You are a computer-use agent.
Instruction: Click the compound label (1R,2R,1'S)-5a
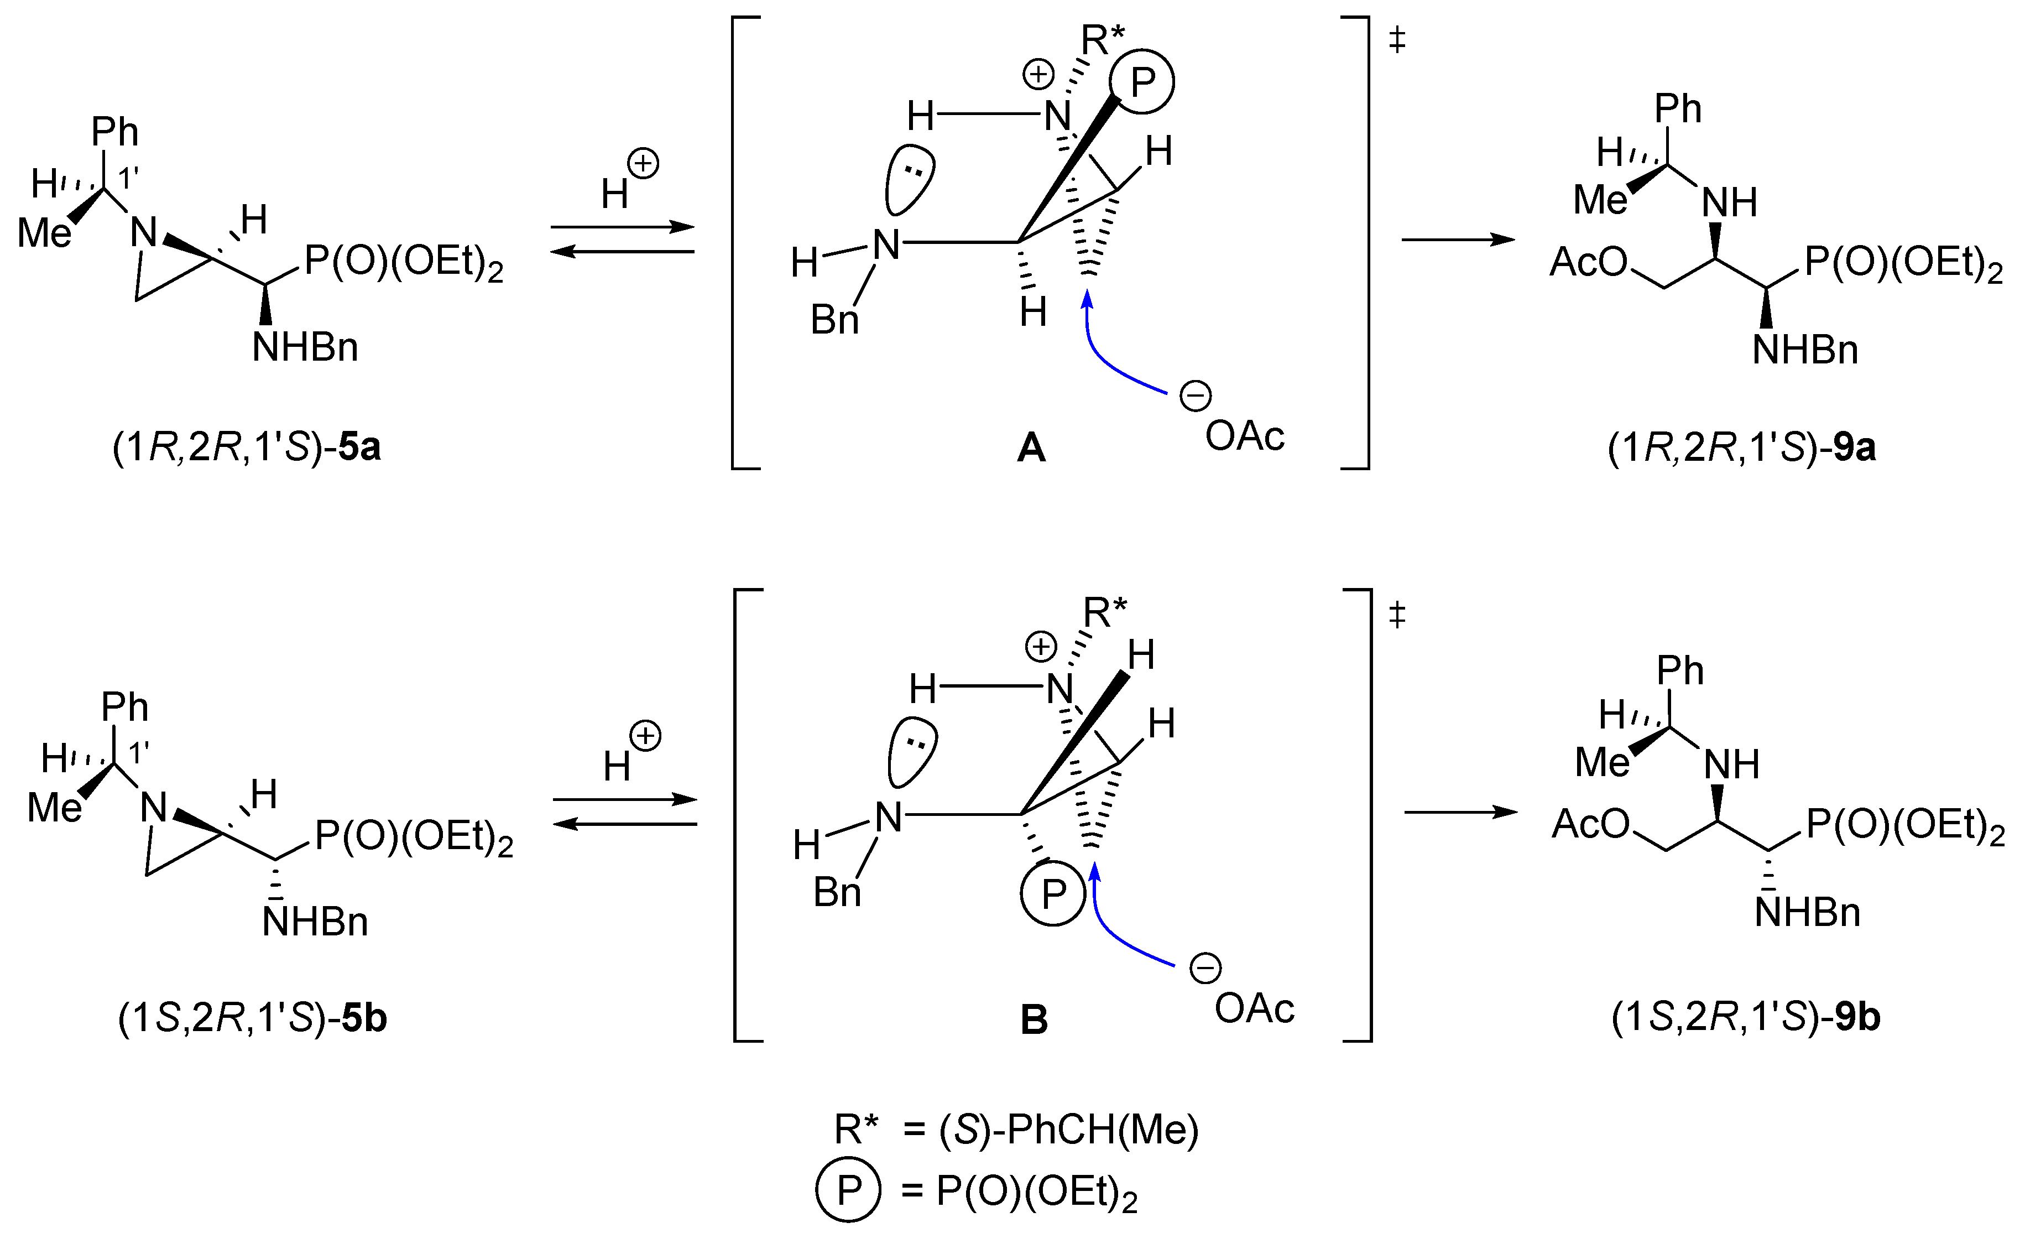tap(247, 449)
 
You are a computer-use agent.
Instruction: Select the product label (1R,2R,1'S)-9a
tap(1742, 449)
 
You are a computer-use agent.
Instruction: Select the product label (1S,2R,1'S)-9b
tap(1746, 1018)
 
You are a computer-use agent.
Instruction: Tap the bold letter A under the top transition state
tap(1031, 449)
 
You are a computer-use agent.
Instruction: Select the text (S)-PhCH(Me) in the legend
tap(1068, 1130)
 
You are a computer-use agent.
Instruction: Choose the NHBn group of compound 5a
tap(305, 348)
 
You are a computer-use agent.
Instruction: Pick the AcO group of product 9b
tap(1590, 824)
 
